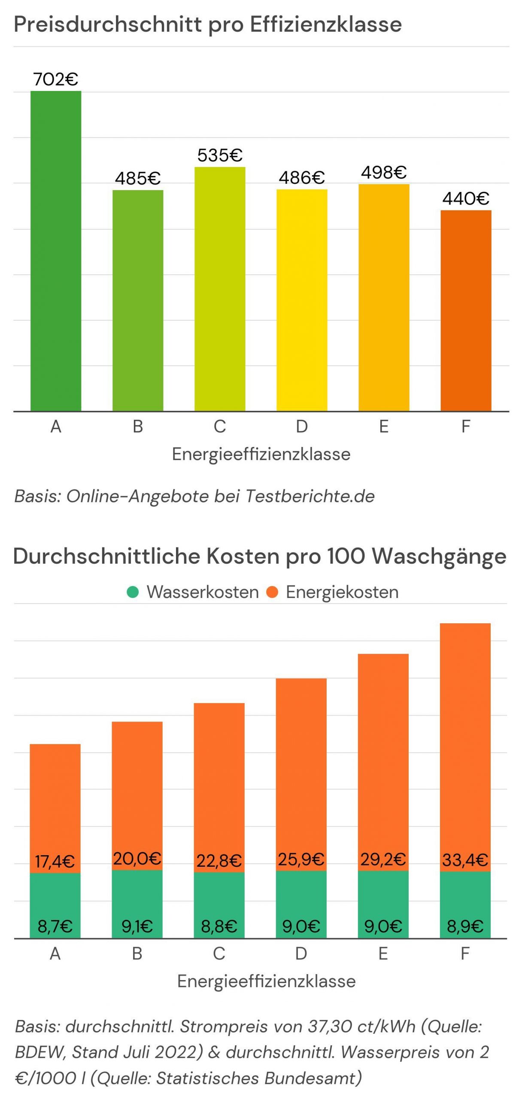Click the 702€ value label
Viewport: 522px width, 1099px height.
56,79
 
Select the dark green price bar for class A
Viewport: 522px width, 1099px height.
56,251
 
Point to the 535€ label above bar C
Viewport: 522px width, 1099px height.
220,155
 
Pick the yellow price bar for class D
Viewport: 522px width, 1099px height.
302,300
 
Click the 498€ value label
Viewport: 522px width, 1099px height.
384,173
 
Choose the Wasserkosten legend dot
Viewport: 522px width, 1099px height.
133,592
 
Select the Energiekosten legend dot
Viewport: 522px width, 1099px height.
273,592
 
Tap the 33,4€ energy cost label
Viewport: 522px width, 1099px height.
465,860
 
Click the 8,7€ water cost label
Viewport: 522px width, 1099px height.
55,926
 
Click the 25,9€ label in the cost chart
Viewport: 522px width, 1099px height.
301,859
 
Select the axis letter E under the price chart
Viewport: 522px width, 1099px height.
384,427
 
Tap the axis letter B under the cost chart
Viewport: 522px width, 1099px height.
137,953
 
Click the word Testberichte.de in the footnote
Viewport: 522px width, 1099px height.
310,496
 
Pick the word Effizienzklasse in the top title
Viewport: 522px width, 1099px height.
326,24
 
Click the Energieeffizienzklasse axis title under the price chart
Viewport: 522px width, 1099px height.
261,454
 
